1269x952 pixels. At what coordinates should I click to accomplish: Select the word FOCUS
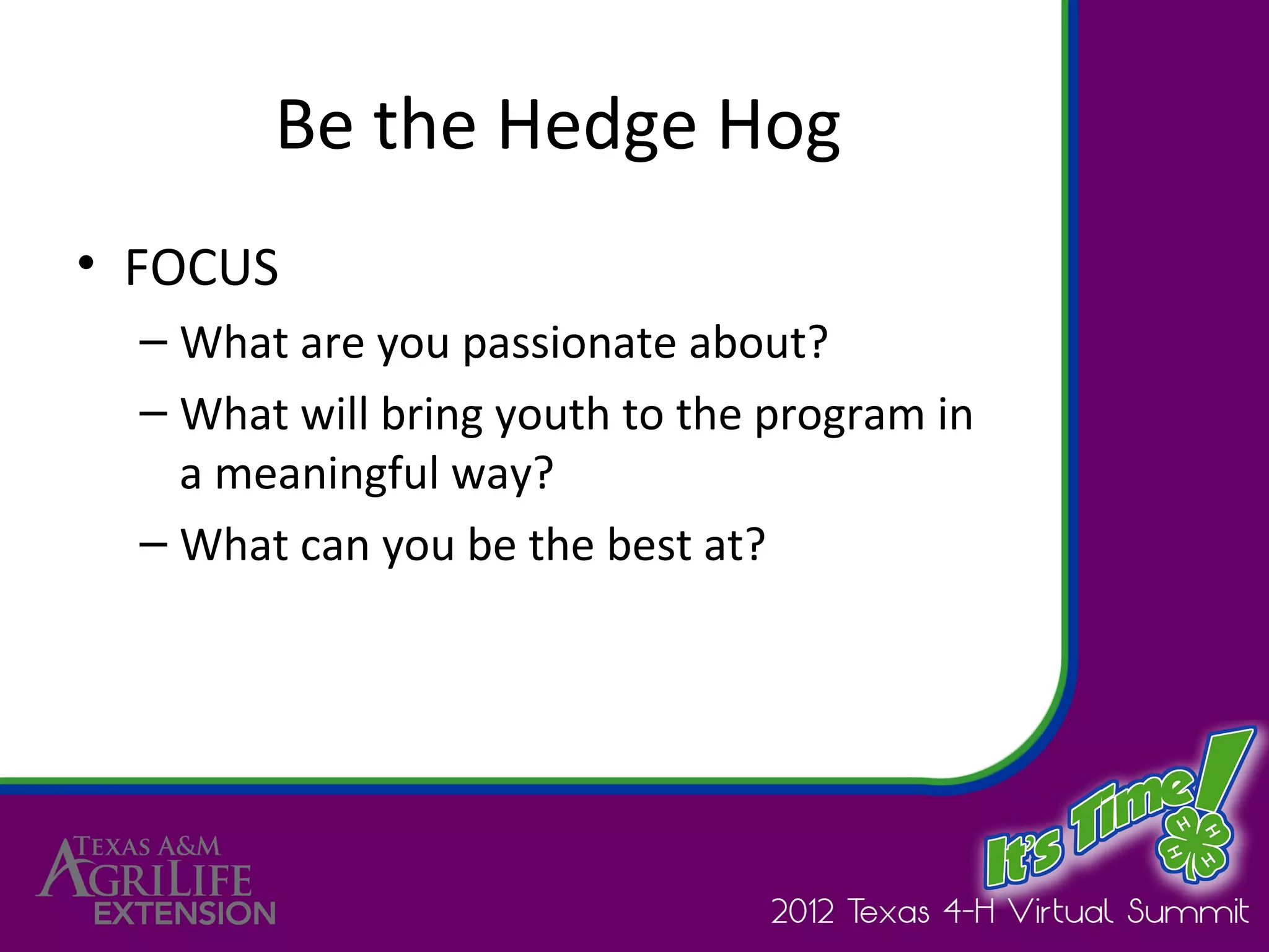pos(201,268)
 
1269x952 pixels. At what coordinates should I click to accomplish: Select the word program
pos(840,415)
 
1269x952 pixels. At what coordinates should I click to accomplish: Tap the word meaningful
pos(327,474)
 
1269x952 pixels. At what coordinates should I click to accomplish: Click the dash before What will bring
pos(153,413)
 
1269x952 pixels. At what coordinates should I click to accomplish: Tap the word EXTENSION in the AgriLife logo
pos(185,914)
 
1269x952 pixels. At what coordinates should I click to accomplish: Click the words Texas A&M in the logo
pos(147,847)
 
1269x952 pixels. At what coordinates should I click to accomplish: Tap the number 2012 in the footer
pos(802,912)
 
